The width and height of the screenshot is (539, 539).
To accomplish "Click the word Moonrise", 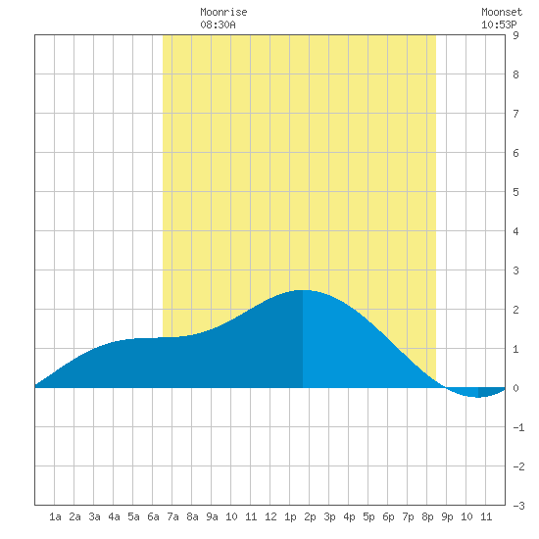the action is pos(223,12).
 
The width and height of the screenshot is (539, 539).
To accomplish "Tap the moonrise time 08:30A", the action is pos(218,24).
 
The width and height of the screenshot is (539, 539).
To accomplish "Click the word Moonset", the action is pos(502,12).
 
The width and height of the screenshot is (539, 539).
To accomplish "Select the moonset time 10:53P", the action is pos(499,24).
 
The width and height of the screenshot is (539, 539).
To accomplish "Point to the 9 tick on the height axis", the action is pos(515,35).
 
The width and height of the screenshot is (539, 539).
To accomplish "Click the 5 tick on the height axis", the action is pos(515,192).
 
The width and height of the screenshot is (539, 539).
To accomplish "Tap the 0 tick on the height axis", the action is pos(515,388).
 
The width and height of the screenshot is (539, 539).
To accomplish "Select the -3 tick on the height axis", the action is pos(518,506).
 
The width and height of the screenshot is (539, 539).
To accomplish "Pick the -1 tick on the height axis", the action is pos(518,427).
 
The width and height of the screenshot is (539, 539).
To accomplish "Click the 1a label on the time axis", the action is pos(55,516).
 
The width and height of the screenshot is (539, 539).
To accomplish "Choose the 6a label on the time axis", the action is pos(153,516).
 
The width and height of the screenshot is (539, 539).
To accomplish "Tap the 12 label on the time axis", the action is pos(270,516).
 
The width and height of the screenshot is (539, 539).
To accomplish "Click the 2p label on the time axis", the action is pos(310,516).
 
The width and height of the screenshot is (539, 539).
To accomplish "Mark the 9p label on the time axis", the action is pos(447,516).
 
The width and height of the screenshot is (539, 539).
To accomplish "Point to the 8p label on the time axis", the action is pos(427,516).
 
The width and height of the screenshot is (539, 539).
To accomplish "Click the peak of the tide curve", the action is pos(303,290).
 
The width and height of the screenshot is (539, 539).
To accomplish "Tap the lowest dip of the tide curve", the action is pos(478,397).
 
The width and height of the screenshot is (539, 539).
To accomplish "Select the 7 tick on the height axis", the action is pos(515,114).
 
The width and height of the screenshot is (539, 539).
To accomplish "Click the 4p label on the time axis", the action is pos(349,516).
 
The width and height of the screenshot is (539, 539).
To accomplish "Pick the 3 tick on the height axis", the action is pos(515,270).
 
